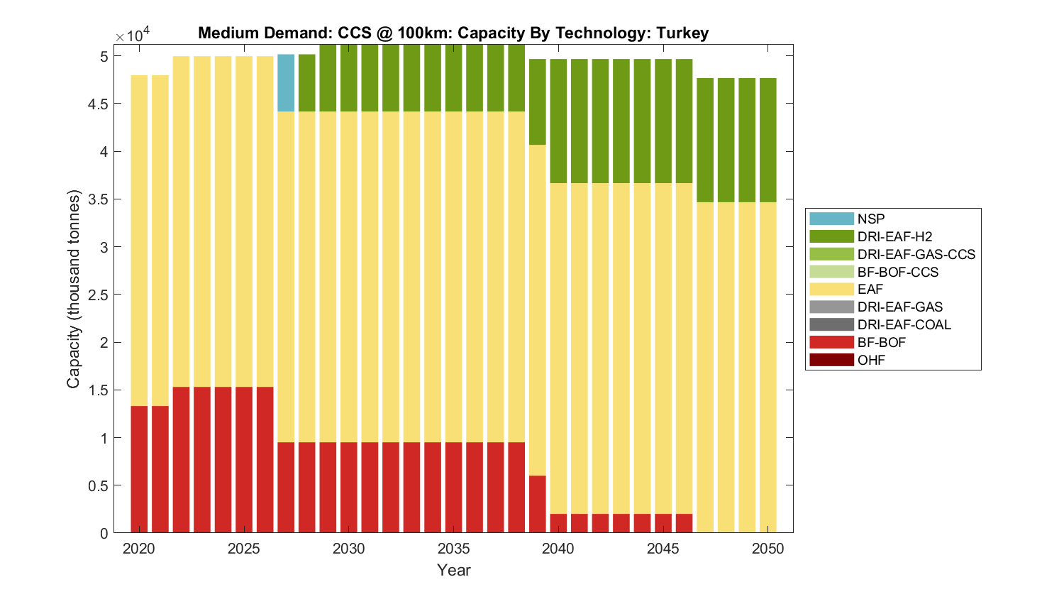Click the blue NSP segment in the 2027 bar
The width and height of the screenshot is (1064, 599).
pyautogui.click(x=286, y=83)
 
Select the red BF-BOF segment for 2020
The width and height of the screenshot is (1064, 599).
pyautogui.click(x=139, y=468)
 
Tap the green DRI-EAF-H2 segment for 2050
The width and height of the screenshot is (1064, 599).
pyautogui.click(x=767, y=140)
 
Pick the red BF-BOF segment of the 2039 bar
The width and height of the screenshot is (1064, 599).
pyautogui.click(x=538, y=504)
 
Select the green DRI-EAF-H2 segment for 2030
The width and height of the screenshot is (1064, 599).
pyautogui.click(x=349, y=78)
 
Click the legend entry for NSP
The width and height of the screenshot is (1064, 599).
pyautogui.click(x=870, y=219)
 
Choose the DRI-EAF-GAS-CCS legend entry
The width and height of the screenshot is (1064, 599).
pyautogui.click(x=916, y=254)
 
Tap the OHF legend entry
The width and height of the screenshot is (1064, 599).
pyautogui.click(x=871, y=360)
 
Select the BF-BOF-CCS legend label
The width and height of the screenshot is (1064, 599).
pyautogui.click(x=897, y=272)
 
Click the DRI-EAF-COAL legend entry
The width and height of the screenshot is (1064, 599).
pyautogui.click(x=904, y=324)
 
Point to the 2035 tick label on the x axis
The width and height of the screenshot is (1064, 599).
pyautogui.click(x=454, y=549)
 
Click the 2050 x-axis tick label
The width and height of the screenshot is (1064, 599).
pyautogui.click(x=768, y=549)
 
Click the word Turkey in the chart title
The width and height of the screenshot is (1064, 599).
pyautogui.click(x=682, y=33)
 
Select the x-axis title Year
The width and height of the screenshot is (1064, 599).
pyautogui.click(x=454, y=570)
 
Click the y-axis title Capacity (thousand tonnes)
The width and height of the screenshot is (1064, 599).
pyautogui.click(x=73, y=289)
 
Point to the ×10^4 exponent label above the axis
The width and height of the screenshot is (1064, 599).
pyautogui.click(x=133, y=35)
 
